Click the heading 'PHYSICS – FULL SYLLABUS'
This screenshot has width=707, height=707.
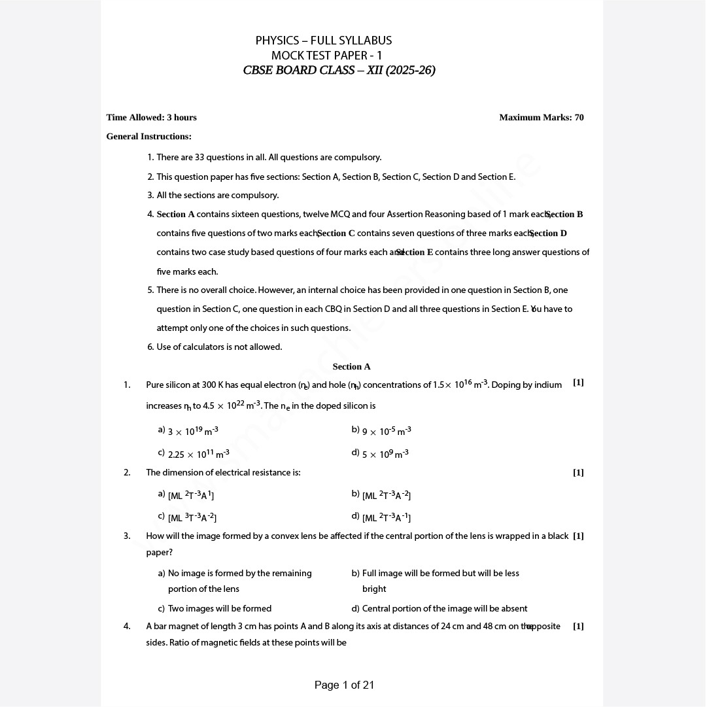324,41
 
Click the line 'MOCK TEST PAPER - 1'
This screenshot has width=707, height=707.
326,56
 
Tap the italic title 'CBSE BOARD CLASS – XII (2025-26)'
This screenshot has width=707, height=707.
339,71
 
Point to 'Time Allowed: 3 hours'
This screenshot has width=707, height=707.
151,118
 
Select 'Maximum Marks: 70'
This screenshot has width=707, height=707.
541,118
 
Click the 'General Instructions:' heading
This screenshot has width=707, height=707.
148,137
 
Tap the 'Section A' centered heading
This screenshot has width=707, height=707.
351,367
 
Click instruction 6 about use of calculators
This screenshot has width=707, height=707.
219,347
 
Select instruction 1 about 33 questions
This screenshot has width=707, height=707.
268,158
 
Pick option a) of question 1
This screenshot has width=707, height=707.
192,431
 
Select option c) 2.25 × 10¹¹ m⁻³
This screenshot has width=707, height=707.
198,454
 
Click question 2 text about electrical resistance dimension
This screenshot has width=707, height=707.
223,473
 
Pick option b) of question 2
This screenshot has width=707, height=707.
386,496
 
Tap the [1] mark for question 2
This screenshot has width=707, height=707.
578,473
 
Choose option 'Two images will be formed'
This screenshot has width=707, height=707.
219,609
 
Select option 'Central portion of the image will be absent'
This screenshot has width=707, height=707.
444,609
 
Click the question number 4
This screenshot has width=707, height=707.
127,627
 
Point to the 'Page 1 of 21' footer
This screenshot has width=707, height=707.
344,685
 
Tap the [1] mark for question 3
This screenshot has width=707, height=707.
578,536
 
